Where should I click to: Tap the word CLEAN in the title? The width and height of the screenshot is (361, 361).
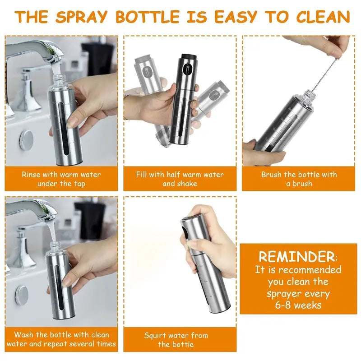323,17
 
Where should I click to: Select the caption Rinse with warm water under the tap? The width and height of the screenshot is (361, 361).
61,179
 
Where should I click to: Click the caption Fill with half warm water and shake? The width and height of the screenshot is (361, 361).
180,179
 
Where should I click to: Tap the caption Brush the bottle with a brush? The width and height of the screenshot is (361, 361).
299,179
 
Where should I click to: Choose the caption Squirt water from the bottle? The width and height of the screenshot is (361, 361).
176,339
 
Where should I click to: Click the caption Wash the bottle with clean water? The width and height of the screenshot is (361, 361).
61,339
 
